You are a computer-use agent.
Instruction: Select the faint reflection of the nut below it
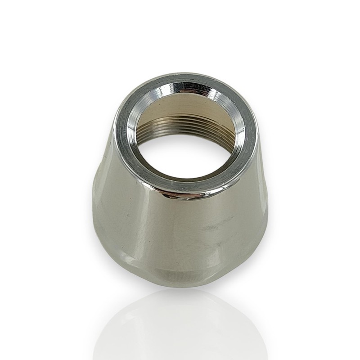[180, 324]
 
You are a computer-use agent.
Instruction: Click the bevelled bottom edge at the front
[180, 274]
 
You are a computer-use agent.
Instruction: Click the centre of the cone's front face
[180, 229]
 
